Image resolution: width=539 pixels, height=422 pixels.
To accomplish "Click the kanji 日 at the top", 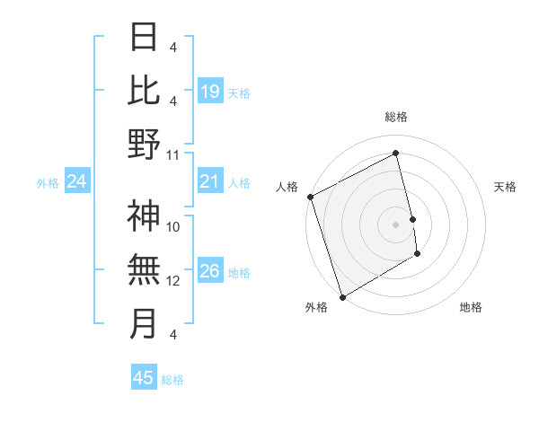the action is (x=144, y=36).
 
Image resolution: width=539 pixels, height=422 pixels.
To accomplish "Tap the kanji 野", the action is (x=144, y=144).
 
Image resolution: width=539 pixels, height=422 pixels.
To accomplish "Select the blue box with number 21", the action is (x=209, y=182).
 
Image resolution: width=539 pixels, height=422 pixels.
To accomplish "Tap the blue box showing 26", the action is (x=209, y=271).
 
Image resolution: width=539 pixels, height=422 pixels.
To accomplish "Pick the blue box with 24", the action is (x=77, y=182).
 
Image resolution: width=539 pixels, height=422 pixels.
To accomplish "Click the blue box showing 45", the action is (x=143, y=378).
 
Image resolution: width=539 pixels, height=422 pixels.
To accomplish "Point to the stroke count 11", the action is (x=173, y=155).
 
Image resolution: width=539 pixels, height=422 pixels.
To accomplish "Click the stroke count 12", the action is (x=173, y=281).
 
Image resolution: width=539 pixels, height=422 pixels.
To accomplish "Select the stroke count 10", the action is (x=173, y=227).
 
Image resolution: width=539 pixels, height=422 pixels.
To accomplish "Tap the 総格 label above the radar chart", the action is (x=396, y=117).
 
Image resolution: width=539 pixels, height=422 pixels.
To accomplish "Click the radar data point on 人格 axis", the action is (x=310, y=197).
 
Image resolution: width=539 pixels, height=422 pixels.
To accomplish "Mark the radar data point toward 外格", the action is (x=342, y=296).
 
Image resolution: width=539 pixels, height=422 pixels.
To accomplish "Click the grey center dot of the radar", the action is (x=396, y=224).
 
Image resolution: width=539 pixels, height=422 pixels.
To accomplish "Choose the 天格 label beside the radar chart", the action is (x=505, y=187).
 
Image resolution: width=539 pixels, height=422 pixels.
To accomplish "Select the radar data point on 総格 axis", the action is (x=396, y=153).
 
